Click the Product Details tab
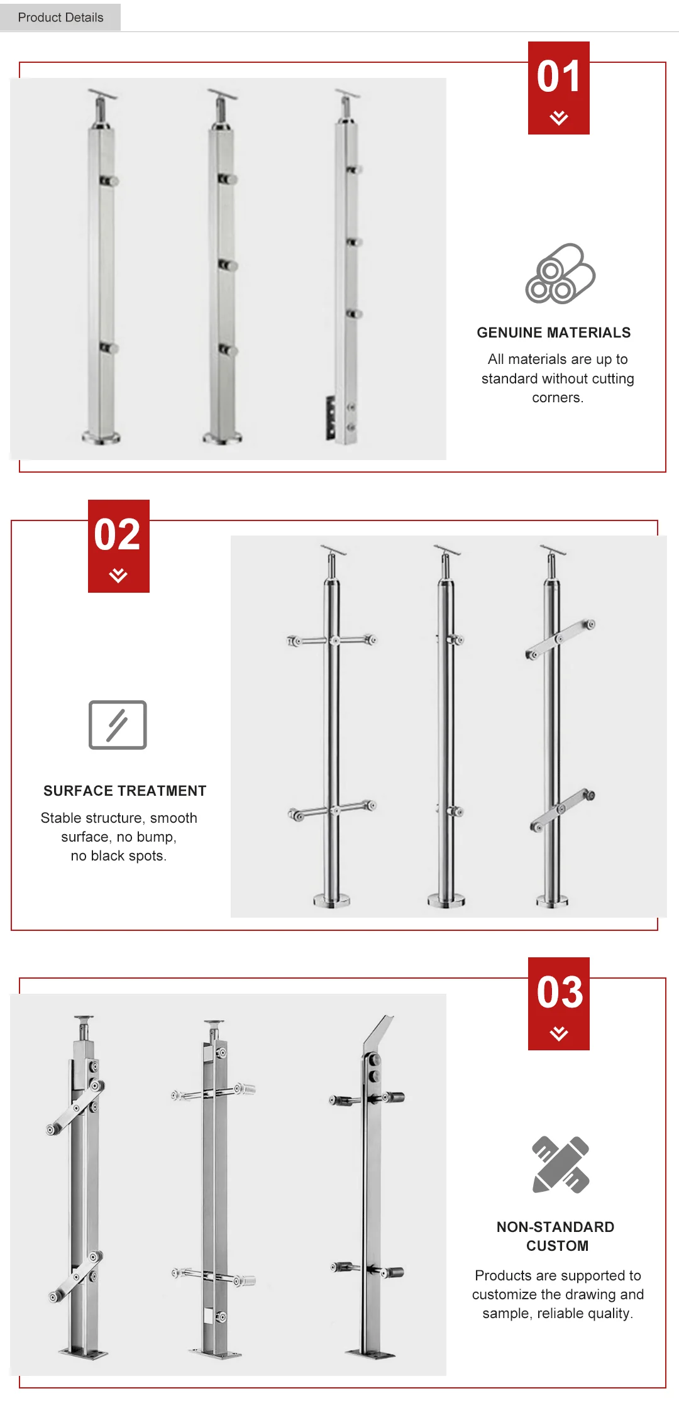point(60,17)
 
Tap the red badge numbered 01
point(559,88)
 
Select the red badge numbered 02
point(119,546)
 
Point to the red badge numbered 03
point(559,1003)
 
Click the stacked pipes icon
point(560,273)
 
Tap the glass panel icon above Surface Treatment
point(118,725)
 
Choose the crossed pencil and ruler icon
point(561,1164)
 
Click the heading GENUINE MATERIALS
point(554,333)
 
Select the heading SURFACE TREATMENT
point(125,791)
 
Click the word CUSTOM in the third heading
point(558,1246)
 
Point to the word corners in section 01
point(558,398)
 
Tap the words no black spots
point(118,856)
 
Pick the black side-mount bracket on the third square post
point(331,417)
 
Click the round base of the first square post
point(101,437)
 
